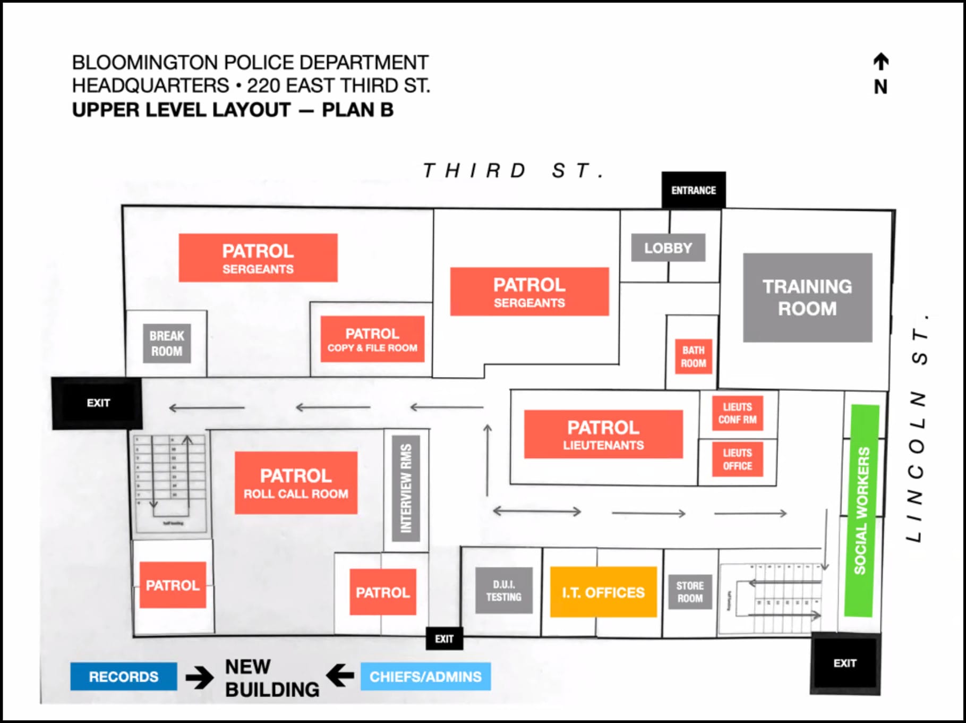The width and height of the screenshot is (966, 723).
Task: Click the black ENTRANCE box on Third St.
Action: [693, 190]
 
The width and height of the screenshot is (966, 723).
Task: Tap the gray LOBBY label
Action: [668, 248]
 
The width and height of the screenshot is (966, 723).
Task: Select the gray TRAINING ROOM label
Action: [807, 297]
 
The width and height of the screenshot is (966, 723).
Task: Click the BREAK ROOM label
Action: [167, 344]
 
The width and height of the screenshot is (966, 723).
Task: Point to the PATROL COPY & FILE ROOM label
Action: [372, 339]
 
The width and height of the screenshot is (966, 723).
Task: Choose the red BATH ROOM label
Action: [693, 356]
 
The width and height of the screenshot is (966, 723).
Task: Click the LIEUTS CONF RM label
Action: [737, 413]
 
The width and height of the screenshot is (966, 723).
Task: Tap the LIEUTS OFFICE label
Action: [737, 460]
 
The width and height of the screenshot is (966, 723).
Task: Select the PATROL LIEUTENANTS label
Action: [603, 434]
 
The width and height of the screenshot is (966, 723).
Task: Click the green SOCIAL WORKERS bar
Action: [861, 510]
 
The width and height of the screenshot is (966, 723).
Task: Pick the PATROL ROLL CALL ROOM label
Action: [296, 483]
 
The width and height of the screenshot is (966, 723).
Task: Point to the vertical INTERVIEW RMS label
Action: [406, 488]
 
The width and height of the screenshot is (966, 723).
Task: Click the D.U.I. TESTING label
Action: [503, 591]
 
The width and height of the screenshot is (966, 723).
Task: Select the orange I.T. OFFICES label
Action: [603, 592]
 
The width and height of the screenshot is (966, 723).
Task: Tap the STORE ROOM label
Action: [690, 592]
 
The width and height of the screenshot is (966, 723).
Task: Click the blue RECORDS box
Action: [123, 676]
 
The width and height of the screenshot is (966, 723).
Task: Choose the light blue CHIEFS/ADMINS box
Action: [425, 676]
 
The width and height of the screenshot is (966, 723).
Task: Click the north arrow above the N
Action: [881, 62]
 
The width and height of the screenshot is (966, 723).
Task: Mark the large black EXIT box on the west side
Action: [97, 403]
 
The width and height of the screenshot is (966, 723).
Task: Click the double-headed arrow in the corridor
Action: [537, 512]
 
